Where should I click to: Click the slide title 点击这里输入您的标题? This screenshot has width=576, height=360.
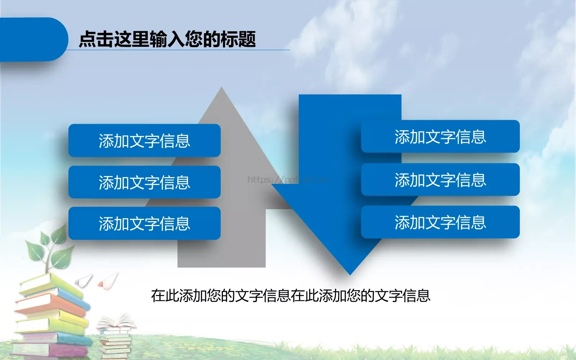(x=167, y=39)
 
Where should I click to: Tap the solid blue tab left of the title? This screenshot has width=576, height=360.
(x=32, y=39)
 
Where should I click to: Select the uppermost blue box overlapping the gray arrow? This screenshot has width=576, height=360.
(x=144, y=140)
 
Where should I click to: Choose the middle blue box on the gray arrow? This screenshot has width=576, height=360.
(x=144, y=182)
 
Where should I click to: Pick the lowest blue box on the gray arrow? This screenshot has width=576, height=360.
(x=144, y=223)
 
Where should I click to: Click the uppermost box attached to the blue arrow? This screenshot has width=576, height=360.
(x=440, y=136)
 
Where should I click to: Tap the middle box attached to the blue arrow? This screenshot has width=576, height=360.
(x=440, y=180)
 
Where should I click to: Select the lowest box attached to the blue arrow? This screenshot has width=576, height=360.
(x=440, y=222)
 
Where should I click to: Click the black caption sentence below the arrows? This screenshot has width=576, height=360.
(x=291, y=296)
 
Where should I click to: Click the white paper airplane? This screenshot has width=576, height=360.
(x=85, y=280)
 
